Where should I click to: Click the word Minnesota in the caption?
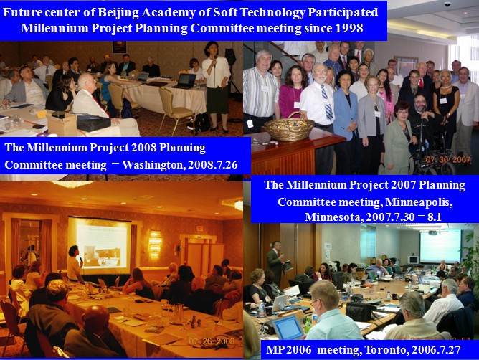[333, 217]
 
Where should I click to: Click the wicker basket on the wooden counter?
[289, 126]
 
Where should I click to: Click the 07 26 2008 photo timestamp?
[212, 341]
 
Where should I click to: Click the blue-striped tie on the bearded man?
[326, 103]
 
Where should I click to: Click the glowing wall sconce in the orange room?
[155, 245]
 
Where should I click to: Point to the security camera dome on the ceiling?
[447, 4]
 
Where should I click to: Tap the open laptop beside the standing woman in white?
[184, 81]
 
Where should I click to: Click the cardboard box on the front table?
[62, 124]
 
